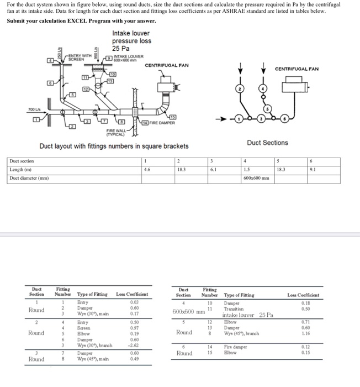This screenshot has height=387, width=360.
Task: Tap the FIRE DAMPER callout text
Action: (x=161, y=123)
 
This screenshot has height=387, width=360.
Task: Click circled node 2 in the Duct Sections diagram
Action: (x=240, y=89)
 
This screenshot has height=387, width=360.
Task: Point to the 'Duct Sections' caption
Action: (x=267, y=143)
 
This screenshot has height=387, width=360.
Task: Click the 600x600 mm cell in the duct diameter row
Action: (x=256, y=179)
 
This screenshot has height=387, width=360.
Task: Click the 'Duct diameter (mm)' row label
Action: (x=26, y=179)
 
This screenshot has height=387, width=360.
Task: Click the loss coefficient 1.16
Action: (x=306, y=333)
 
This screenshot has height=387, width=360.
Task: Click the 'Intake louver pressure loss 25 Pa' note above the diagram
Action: (x=131, y=41)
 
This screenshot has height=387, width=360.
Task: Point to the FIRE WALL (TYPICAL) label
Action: (x=117, y=132)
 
